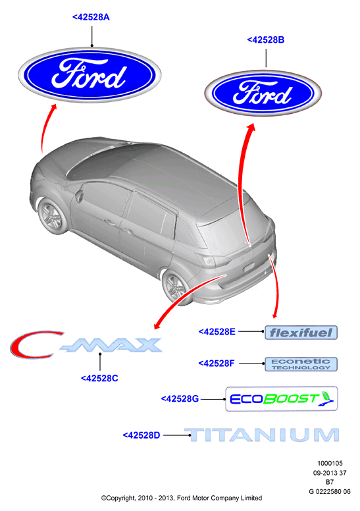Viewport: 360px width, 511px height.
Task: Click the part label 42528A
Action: (91, 17)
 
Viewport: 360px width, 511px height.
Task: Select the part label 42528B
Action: (265, 40)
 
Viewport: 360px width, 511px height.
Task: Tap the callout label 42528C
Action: (99, 379)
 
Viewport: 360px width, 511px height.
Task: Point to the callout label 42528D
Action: (141, 435)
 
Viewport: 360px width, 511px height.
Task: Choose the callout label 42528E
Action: (217, 332)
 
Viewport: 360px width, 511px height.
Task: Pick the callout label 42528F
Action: (217, 363)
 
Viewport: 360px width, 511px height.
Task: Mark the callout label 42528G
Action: (180, 399)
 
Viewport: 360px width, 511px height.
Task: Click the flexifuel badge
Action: (301, 333)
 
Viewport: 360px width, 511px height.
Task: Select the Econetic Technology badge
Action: (301, 364)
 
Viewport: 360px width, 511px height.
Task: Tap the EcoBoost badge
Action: (282, 399)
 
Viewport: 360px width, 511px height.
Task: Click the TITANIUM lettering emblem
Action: (262, 435)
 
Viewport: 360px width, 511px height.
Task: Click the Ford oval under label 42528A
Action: (90, 75)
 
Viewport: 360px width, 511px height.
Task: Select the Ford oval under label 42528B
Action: (263, 93)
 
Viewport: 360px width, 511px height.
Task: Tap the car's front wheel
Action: (51, 216)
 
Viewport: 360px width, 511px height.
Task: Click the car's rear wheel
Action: (174, 287)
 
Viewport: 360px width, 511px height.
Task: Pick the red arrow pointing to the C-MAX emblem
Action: (186, 295)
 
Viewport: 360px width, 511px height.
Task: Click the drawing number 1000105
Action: (330, 463)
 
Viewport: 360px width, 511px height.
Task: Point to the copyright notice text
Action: (182, 498)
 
